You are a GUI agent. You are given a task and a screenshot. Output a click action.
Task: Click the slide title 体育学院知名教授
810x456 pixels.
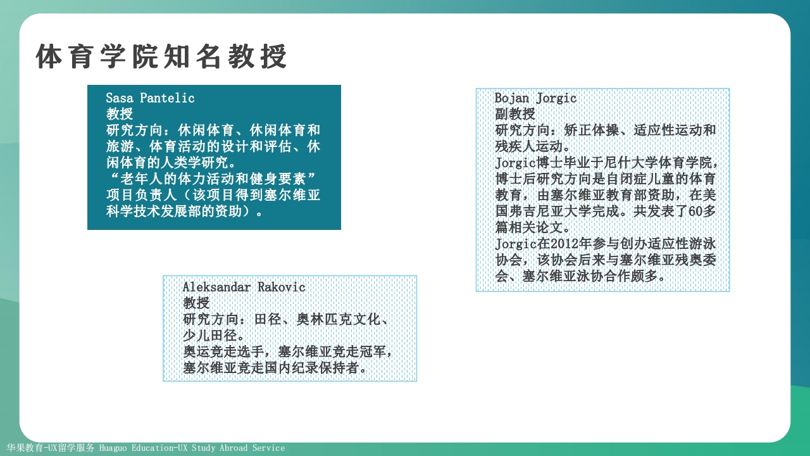161,56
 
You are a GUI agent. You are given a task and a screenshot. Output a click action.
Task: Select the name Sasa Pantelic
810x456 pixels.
150,98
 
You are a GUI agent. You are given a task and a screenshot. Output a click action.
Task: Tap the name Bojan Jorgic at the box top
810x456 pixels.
535,98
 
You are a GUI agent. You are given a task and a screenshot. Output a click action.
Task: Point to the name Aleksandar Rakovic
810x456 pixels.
244,288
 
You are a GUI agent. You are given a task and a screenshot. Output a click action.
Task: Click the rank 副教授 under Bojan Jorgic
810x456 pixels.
515,114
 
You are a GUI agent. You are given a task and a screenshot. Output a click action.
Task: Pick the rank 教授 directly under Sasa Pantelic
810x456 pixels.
120,114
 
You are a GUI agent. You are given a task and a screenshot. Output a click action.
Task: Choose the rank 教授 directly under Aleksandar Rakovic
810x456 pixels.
196,303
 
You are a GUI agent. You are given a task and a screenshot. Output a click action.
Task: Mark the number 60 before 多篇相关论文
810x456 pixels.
695,212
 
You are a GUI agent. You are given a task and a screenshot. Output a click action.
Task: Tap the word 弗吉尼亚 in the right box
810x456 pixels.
536,212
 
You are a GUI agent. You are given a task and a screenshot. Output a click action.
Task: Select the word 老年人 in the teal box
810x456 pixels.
140,179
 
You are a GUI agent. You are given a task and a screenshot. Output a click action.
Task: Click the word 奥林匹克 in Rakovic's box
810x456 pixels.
323,319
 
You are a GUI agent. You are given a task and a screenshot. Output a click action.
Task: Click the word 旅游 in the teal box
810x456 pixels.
120,146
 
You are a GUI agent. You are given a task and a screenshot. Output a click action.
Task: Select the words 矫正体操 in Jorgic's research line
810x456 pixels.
592,130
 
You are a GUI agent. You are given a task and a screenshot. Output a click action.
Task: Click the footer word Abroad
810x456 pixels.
234,448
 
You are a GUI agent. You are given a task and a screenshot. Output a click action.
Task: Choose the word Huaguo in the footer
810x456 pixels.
113,448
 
